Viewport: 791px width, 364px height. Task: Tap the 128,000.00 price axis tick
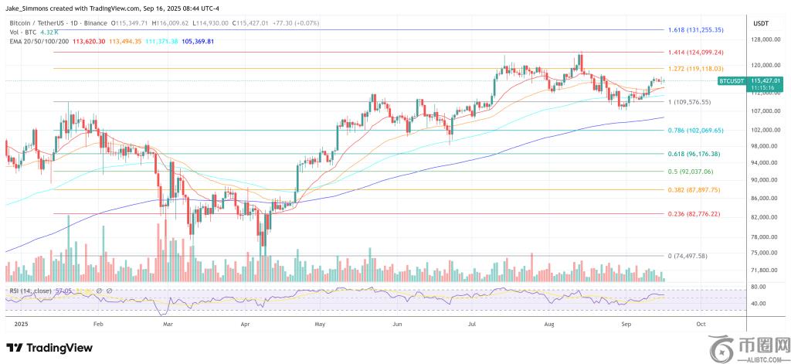[763, 39]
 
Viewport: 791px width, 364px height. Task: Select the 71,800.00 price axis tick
[763, 270]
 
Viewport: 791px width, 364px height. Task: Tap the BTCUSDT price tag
[732, 80]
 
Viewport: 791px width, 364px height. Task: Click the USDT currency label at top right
[761, 24]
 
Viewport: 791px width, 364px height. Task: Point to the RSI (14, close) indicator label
[30, 290]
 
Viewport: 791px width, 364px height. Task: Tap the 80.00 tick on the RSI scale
[757, 287]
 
